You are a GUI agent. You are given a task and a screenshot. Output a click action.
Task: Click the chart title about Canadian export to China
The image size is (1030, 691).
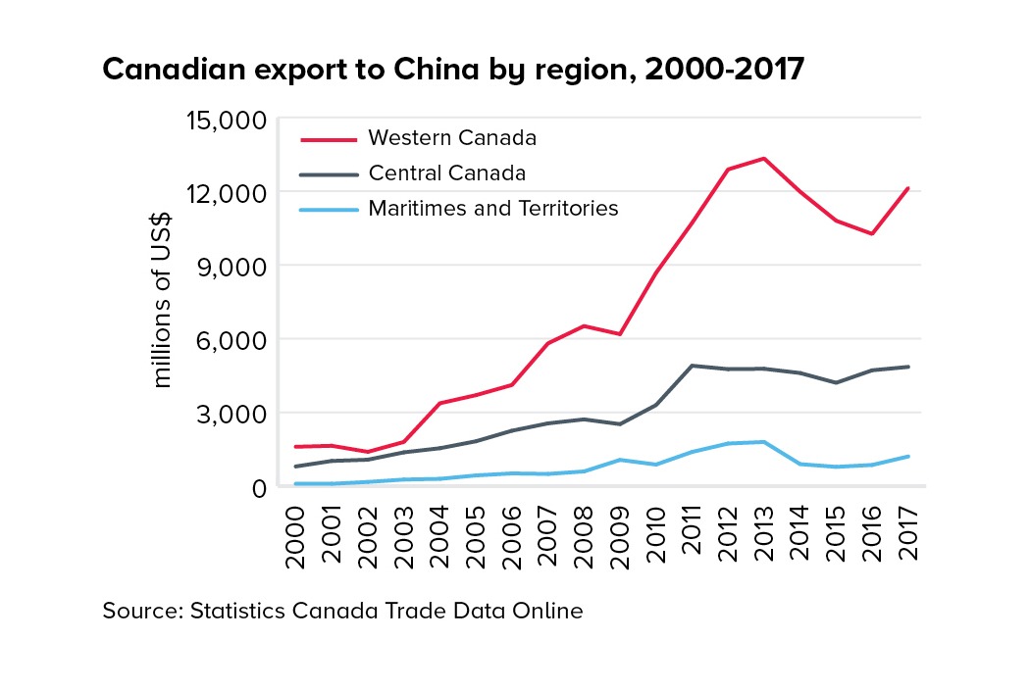tap(452, 70)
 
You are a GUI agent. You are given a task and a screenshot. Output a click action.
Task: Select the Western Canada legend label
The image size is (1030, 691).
tap(452, 136)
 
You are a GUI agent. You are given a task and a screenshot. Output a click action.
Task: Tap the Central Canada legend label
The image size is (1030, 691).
tap(447, 173)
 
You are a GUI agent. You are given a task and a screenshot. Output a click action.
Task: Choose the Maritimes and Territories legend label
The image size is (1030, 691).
tap(493, 209)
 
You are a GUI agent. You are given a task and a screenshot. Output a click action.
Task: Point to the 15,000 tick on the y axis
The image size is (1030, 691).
tap(226, 121)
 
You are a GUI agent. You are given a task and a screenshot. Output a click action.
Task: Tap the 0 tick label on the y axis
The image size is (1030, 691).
tap(259, 487)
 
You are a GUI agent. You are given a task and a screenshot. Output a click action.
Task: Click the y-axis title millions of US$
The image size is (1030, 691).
tap(163, 302)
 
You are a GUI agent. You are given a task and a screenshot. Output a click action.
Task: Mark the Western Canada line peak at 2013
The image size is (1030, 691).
tap(764, 158)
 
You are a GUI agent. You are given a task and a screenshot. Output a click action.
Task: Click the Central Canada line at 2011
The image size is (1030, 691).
tap(693, 366)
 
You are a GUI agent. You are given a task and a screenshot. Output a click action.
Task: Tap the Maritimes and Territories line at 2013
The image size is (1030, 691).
tap(764, 442)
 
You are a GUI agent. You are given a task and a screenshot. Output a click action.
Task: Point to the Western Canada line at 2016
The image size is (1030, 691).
tap(872, 233)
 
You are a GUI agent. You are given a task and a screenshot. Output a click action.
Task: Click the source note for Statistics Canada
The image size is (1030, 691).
tap(342, 612)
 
